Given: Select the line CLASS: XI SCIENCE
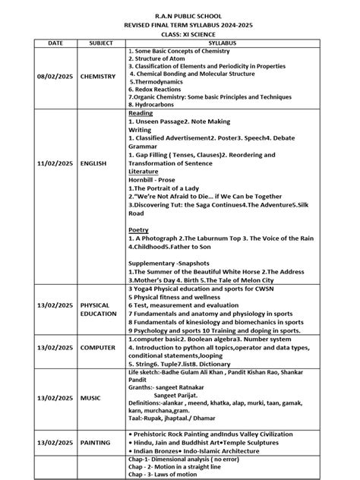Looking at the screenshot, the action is click(181, 35).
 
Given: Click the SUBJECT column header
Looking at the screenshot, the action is click(99, 44).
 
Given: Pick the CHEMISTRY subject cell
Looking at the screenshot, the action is click(99, 77).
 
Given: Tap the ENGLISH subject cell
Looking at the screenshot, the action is click(93, 163).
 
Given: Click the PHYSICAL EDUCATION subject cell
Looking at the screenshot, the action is click(99, 308).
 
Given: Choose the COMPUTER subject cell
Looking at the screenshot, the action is click(99, 347).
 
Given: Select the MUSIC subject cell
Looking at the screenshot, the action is click(90, 397).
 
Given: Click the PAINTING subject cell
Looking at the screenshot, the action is click(96, 441).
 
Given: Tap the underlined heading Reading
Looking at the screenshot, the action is click(141, 113).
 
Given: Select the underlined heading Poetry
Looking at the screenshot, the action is click(139, 229).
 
